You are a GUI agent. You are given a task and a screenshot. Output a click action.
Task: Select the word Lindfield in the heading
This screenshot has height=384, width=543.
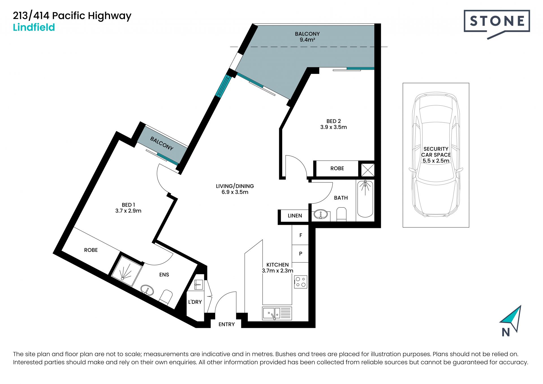(34, 27)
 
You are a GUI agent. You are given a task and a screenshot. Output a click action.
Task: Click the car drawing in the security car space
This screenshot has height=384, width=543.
(436, 155)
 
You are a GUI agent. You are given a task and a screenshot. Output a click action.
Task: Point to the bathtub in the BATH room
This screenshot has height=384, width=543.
(365, 199)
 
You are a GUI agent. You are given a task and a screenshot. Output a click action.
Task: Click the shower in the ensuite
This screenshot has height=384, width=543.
(126, 271)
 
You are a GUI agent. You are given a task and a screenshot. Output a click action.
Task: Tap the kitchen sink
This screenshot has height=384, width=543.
(277, 313)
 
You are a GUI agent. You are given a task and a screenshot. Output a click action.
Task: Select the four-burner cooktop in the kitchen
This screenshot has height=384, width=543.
(301, 282)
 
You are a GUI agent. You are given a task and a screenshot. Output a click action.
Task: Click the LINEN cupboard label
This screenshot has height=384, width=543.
(295, 216)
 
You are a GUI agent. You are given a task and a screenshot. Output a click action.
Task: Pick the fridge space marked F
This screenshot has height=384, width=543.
(300, 235)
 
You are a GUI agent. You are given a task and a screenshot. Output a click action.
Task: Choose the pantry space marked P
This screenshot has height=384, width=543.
(300, 253)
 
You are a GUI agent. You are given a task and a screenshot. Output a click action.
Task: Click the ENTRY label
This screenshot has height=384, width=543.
(227, 325)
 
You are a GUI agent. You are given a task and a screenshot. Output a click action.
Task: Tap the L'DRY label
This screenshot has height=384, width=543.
(195, 302)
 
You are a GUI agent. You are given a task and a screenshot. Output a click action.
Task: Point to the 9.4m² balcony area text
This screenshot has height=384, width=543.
(307, 40)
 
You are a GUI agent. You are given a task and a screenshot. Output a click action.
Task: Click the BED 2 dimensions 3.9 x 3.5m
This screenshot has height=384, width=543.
(333, 127)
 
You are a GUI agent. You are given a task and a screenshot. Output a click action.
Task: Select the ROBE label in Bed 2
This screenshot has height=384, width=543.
(337, 168)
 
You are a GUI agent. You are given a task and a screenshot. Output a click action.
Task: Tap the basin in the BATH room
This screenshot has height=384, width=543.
(321, 214)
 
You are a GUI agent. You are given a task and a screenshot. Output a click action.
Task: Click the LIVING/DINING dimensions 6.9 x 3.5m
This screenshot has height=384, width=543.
(235, 192)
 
